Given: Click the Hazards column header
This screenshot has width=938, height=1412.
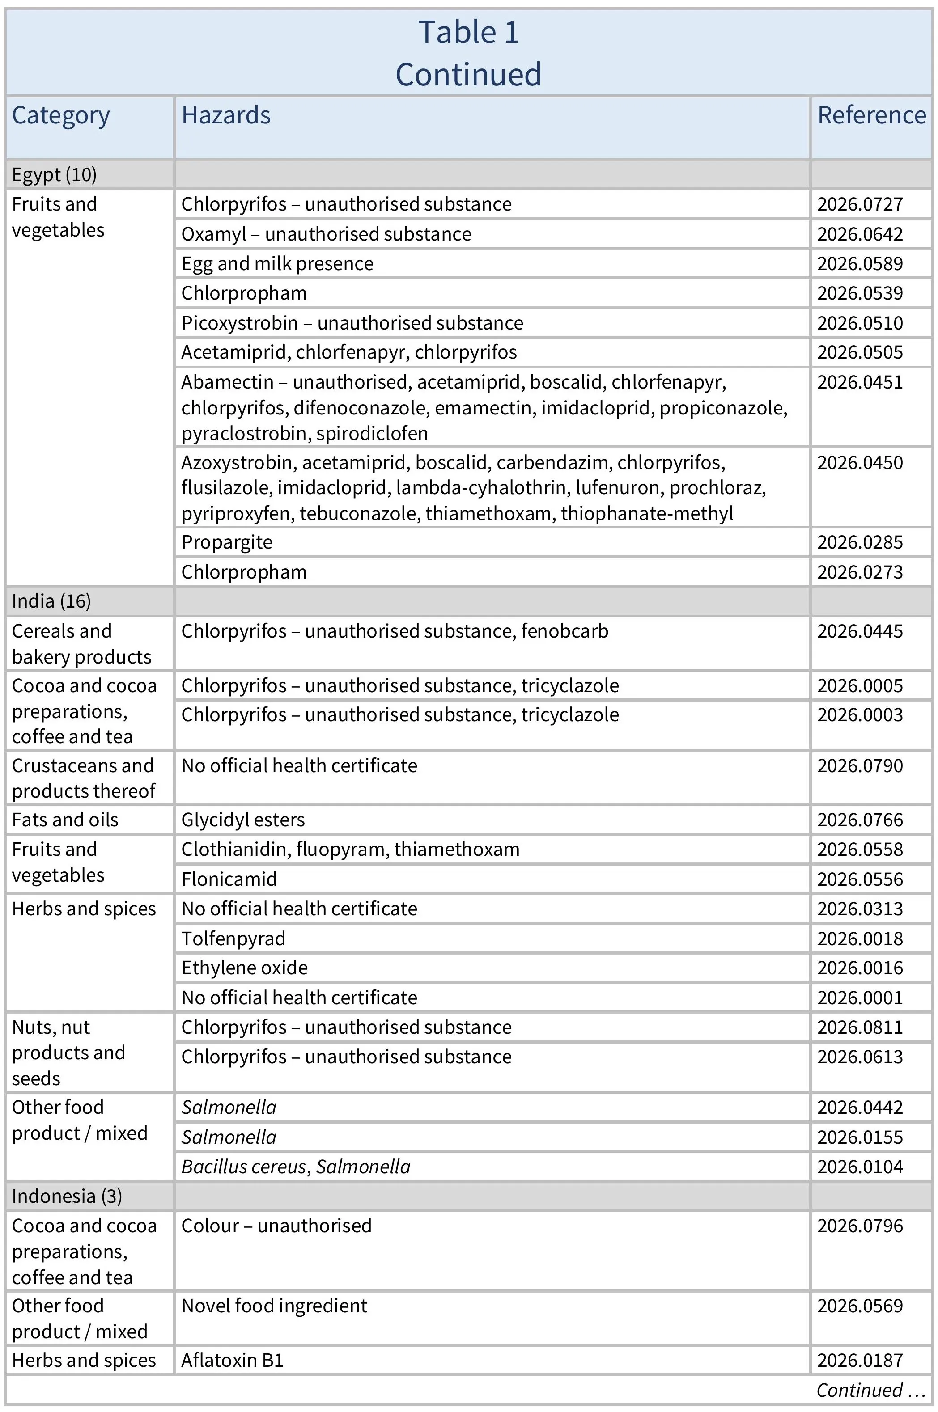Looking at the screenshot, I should click(226, 115).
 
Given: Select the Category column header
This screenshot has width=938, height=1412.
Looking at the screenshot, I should click(61, 115).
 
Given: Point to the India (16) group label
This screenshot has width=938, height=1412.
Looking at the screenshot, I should click(51, 601).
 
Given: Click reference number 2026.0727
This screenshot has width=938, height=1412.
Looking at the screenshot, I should click(860, 204).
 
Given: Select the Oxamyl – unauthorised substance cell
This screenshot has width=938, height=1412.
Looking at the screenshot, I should click(326, 234).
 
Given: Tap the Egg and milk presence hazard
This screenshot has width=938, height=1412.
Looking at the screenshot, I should click(277, 264).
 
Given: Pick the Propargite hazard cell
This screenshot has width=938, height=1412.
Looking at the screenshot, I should click(227, 542).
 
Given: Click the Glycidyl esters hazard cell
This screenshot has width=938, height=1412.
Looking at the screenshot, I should click(243, 820).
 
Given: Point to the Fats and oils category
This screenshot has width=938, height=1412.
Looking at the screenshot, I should click(65, 820).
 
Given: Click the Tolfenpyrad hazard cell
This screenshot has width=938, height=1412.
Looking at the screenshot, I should click(233, 939).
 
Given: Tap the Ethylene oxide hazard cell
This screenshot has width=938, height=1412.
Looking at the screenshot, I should click(244, 968).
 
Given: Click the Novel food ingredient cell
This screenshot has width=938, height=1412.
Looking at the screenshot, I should click(274, 1306).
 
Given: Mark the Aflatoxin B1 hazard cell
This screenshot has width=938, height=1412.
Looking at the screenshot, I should click(232, 1360).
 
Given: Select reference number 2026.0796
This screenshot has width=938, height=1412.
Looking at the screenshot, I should click(860, 1226).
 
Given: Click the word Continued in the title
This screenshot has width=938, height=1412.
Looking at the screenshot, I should click(468, 75).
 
